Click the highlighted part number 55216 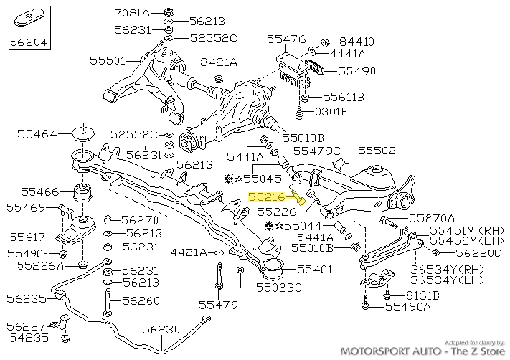pos(268,195)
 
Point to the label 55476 pos(286,39)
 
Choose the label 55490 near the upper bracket pos(356,72)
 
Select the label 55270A pos(432,218)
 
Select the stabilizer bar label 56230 pos(161,329)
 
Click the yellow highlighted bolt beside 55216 pos(299,198)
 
